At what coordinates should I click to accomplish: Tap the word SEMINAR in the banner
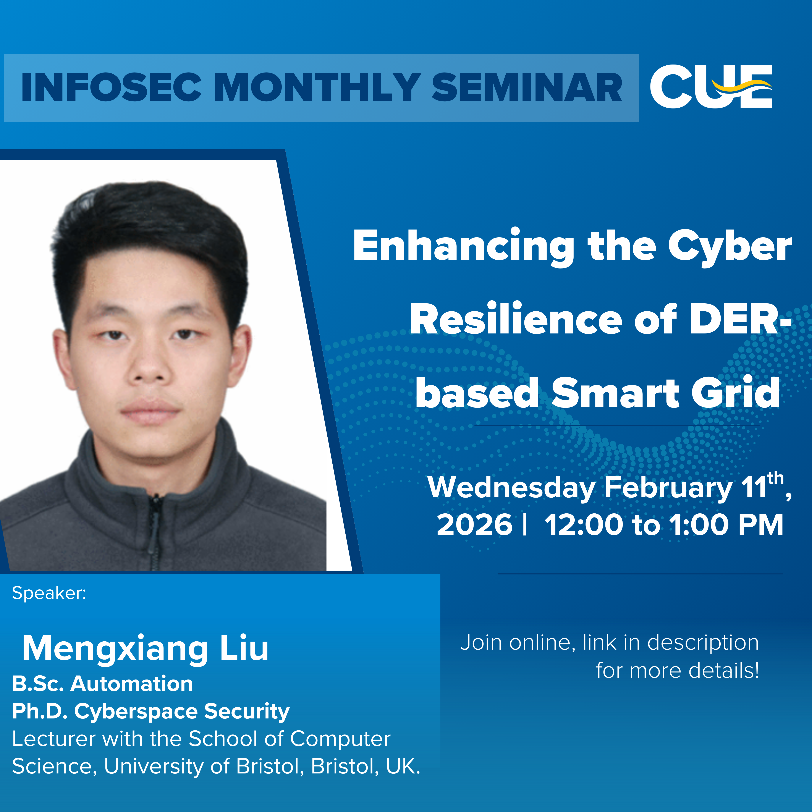coord(527,87)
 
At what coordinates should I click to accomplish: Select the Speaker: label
coord(49,593)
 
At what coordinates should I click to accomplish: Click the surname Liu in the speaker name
coord(244,648)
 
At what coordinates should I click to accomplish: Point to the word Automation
coord(132,684)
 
